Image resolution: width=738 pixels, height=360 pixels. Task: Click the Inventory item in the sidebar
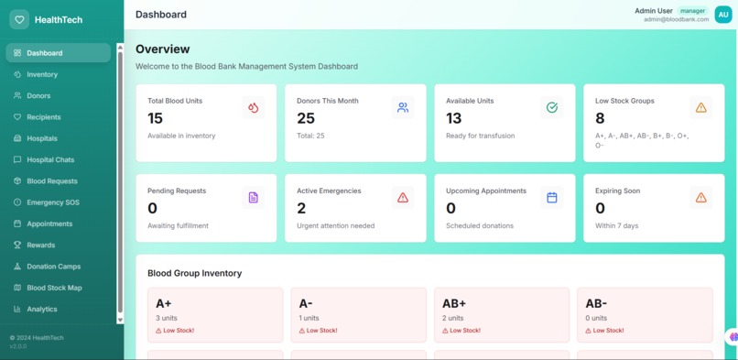coord(41,74)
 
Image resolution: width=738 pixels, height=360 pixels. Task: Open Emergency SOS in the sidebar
coord(51,202)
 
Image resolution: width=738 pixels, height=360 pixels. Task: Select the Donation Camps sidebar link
coord(53,267)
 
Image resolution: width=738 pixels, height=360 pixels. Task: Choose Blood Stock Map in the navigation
coord(54,288)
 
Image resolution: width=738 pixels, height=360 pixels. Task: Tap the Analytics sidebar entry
coord(41,310)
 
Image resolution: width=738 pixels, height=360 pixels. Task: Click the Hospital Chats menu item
coord(50,159)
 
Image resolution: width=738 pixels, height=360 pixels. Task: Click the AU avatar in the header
coord(723,15)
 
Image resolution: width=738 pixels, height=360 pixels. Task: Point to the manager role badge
coord(692,11)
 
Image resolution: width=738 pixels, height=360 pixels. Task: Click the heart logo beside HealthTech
coord(18,19)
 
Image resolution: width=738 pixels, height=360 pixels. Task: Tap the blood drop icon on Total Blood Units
coord(253,108)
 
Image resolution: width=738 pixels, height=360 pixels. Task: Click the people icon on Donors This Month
coord(402,108)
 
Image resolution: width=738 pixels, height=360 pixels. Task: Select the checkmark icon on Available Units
coord(551,108)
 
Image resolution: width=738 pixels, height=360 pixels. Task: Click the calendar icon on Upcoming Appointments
coord(551,198)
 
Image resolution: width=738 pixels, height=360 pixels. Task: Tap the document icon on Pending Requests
coord(253,198)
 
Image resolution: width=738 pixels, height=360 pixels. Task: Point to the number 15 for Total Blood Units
coord(155,118)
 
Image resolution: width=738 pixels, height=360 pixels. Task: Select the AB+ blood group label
coord(454,303)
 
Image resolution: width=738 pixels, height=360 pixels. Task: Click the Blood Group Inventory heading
coord(194,273)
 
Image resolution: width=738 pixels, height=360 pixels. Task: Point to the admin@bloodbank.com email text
coord(676,19)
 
